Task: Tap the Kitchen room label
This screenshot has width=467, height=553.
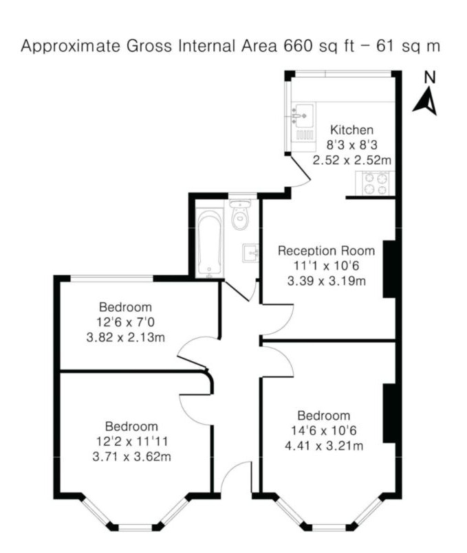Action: pos(351,130)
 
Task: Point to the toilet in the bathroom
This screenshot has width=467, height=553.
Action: pos(240,214)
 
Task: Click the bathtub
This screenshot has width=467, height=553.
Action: pos(210,242)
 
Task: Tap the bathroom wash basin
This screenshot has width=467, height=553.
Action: pos(250,253)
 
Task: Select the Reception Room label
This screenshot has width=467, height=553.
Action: pos(326,251)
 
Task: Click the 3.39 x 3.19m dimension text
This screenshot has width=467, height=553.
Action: pos(326,281)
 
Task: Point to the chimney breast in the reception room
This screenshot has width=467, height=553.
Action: pos(389,269)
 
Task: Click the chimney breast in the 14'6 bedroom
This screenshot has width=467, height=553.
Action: pos(389,413)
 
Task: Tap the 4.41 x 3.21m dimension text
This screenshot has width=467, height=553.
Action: pos(324,446)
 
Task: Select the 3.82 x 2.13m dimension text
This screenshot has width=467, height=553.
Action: pos(126,337)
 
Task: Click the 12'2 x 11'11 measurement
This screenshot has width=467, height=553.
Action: pos(132,441)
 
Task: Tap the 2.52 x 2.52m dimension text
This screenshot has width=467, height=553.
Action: pos(352,160)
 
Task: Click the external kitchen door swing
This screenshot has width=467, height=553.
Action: pos(300,171)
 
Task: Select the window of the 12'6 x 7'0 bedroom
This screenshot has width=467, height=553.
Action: pos(112,279)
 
